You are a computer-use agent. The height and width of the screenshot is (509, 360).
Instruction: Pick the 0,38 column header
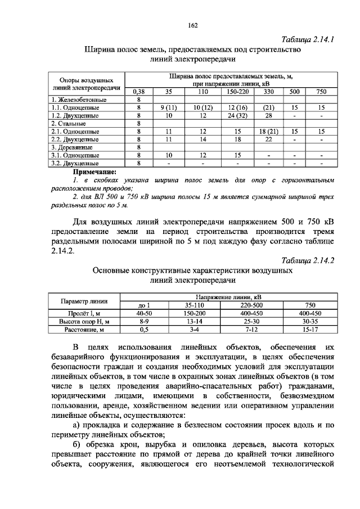tap(138, 91)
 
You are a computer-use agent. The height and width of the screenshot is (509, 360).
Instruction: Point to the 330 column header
tap(268, 91)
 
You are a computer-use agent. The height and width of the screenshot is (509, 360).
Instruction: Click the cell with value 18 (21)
tap(268, 131)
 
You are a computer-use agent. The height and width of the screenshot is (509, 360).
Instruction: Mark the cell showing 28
tap(268, 115)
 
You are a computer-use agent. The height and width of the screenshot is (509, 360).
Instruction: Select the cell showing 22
tap(268, 139)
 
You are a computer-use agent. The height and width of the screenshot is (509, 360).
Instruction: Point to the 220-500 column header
tap(247, 305)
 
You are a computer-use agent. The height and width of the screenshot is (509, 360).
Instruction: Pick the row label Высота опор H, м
tap(84, 321)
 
